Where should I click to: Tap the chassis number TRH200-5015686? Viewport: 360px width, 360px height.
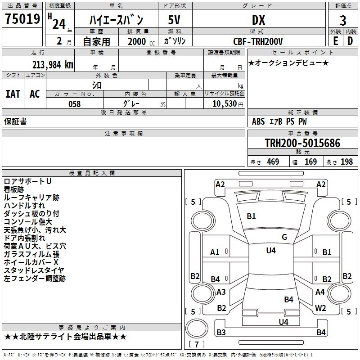(302, 143)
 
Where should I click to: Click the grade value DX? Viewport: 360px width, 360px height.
(258, 20)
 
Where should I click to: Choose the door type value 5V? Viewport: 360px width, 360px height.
(175, 20)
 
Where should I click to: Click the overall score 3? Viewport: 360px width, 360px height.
(343, 20)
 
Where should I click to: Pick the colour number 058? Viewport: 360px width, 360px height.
(74, 104)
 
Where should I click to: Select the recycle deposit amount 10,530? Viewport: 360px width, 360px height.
(224, 104)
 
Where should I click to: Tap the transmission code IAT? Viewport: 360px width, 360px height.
(13, 94)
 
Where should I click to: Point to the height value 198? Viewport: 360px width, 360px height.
(346, 162)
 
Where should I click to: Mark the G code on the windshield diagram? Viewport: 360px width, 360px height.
(284, 237)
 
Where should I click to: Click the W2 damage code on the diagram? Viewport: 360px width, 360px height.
(320, 308)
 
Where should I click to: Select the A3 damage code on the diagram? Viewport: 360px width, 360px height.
(221, 292)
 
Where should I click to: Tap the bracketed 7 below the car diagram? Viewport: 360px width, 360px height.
(197, 344)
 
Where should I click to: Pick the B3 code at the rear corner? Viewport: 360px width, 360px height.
(221, 333)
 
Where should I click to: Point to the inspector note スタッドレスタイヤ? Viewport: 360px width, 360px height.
(34, 270)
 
